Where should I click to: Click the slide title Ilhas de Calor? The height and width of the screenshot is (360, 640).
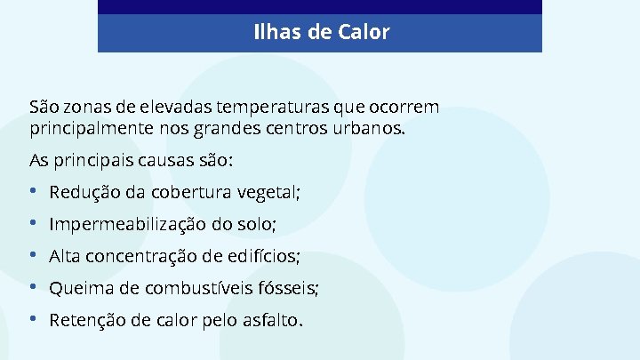pyautogui.click(x=321, y=33)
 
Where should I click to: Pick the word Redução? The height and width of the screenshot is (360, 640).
pyautogui.click(x=78, y=192)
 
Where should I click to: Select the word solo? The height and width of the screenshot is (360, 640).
pyautogui.click(x=256, y=224)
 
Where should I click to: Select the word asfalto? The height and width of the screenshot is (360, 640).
pyautogui.click(x=273, y=320)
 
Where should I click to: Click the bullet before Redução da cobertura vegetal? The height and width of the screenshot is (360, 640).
pyautogui.click(x=33, y=192)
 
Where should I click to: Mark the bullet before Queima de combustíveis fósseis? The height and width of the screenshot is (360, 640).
pyautogui.click(x=33, y=288)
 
